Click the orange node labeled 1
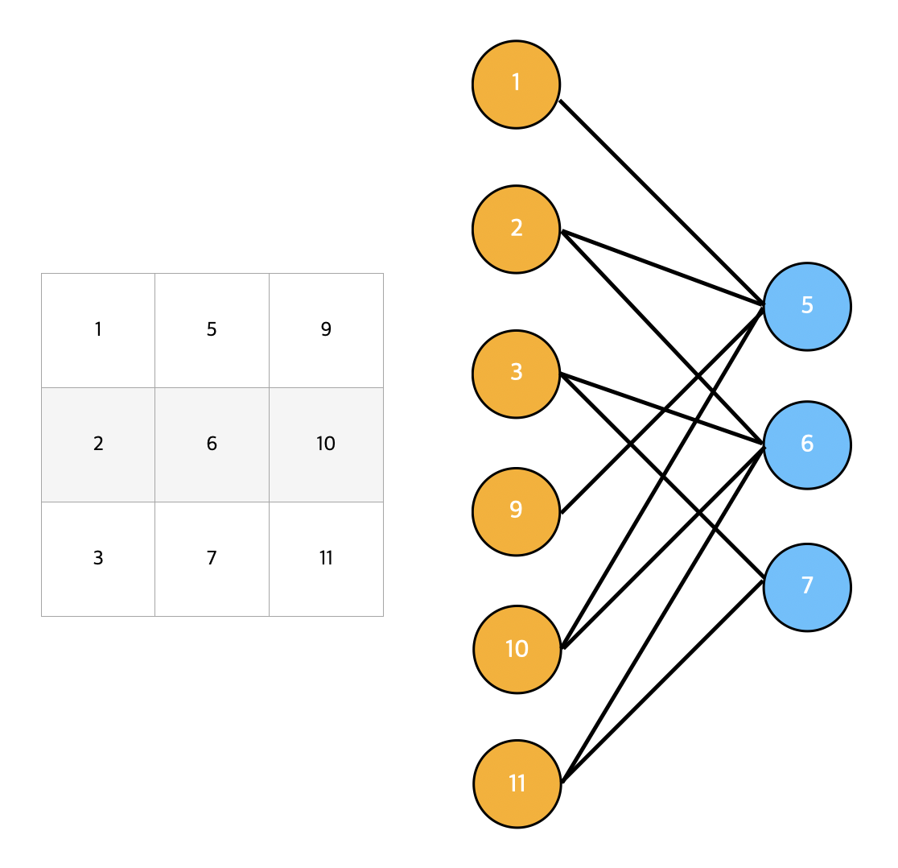click(x=516, y=85)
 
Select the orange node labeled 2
click(x=516, y=229)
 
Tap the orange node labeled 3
click(x=516, y=374)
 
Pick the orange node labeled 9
click(x=516, y=511)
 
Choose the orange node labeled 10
click(x=517, y=649)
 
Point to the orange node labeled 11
click(x=517, y=783)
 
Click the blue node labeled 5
click(x=808, y=307)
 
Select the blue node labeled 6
click(x=808, y=445)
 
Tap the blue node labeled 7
click(x=808, y=587)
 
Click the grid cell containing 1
click(x=98, y=331)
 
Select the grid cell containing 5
click(x=212, y=331)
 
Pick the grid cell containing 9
click(x=327, y=331)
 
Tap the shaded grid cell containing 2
click(x=98, y=445)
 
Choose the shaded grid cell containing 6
click(x=212, y=445)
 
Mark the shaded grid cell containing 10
click(x=327, y=445)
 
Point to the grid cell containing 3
click(x=98, y=559)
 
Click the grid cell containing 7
click(x=212, y=559)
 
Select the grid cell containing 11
click(x=327, y=559)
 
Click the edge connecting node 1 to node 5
click(x=661, y=202)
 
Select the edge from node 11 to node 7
click(x=663, y=681)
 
